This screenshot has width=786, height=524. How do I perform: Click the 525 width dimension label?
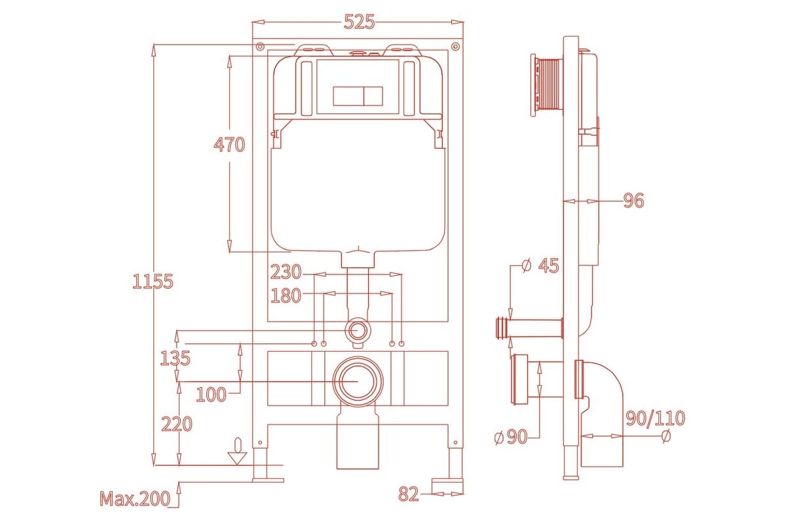[x=360, y=22]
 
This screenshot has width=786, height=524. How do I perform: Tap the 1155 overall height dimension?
[x=153, y=282]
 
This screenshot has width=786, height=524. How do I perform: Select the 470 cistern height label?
[x=229, y=145]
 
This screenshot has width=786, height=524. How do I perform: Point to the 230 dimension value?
[x=286, y=272]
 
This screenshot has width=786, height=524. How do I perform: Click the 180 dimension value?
[x=286, y=295]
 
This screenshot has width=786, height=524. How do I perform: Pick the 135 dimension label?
[x=175, y=358]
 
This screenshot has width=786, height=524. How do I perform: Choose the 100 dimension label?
[x=211, y=394]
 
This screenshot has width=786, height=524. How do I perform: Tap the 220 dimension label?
[x=177, y=424]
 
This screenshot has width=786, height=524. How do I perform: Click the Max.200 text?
[x=135, y=498]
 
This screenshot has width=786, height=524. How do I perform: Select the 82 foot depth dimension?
[x=409, y=494]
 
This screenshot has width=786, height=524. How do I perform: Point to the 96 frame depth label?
[x=634, y=200]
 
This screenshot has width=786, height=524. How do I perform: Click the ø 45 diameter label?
[x=540, y=266]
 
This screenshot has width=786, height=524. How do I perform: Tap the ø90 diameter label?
[x=511, y=437]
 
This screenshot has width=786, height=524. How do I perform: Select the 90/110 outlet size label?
[x=656, y=418]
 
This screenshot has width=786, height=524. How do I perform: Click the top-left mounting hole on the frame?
[x=260, y=47]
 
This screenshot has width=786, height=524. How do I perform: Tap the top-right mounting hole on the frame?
[x=455, y=47]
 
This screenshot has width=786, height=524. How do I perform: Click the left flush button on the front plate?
[x=348, y=96]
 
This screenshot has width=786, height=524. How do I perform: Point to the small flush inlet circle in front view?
[x=357, y=330]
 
